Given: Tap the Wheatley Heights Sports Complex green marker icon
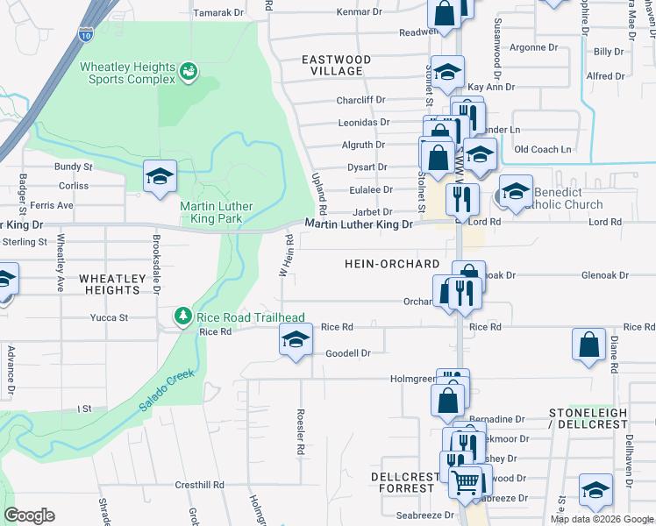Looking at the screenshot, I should (188, 72).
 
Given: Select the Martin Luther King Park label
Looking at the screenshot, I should (216, 213).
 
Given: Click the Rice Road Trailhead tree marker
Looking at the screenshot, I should (182, 316).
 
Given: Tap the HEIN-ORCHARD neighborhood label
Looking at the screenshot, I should (391, 264).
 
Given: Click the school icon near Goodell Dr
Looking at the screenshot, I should (296, 340).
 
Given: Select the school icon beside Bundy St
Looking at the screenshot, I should (160, 176).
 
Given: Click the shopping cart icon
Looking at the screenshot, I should (465, 481).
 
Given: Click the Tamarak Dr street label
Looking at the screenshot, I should (217, 13).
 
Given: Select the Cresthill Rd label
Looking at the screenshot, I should (199, 484).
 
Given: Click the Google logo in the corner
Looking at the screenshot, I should (29, 515).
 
